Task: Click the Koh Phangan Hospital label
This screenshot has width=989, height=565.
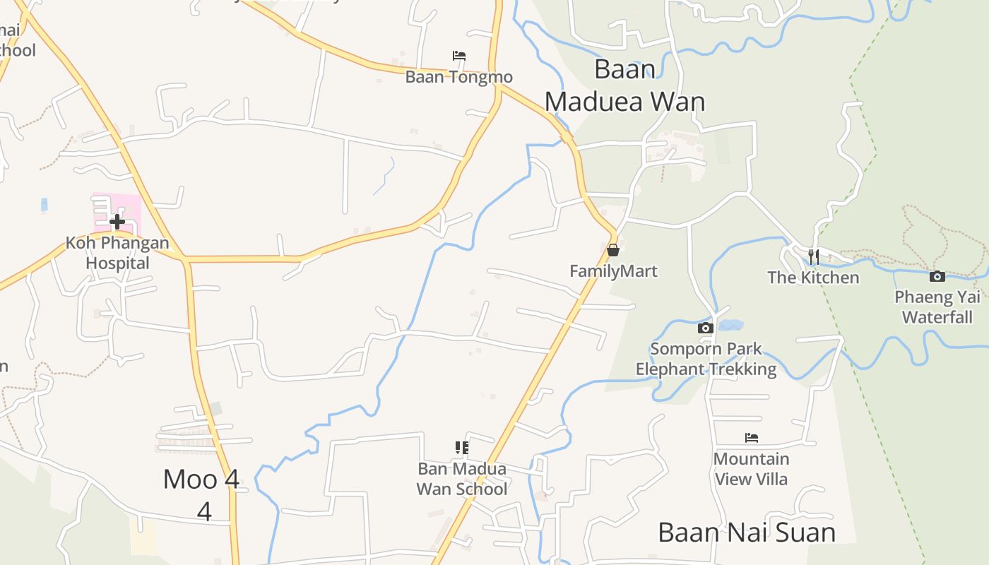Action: [x=117, y=253]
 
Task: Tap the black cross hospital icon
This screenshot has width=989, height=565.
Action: [x=117, y=222]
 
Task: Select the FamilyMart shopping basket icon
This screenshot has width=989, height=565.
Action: [x=613, y=249]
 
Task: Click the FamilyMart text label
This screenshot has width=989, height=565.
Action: [x=613, y=271]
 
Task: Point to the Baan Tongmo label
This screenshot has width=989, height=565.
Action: [x=458, y=77]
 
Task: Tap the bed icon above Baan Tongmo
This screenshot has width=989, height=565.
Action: [x=459, y=55]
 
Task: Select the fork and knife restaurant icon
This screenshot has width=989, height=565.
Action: [x=814, y=256]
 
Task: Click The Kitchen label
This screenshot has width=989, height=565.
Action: [x=813, y=278]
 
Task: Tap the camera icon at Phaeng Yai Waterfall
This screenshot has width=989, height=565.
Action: [x=937, y=276]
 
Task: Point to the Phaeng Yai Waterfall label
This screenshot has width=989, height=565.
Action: [x=937, y=307]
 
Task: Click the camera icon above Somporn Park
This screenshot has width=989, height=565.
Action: [x=705, y=328]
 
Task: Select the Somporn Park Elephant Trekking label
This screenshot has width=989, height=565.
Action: [x=706, y=359]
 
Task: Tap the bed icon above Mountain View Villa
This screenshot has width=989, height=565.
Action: [x=752, y=438]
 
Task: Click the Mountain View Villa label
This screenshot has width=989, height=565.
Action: [x=751, y=468]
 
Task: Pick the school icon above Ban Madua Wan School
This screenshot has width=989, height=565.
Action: [x=462, y=447]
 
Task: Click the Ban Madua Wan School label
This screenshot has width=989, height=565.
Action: [x=462, y=478]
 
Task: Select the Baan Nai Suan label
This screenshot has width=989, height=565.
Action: [x=747, y=532]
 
